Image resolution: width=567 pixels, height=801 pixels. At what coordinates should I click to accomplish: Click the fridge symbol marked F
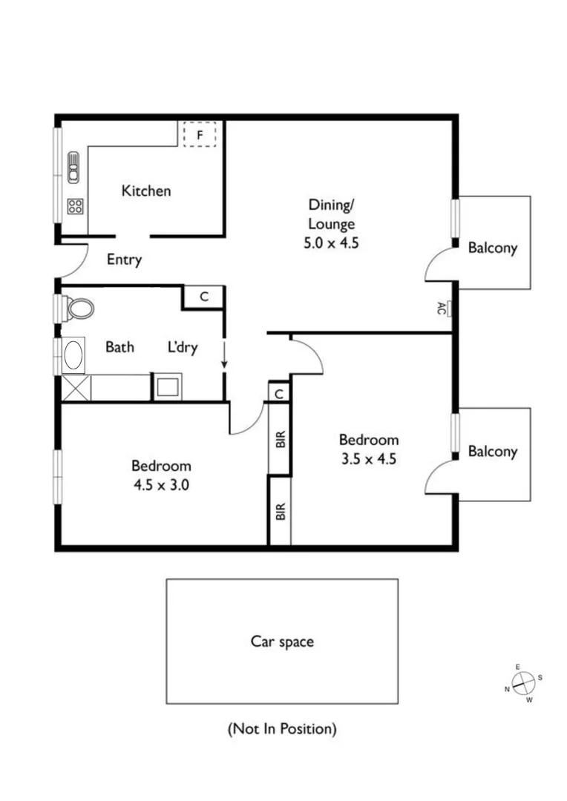click(x=199, y=135)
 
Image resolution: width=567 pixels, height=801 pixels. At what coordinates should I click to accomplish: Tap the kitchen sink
click(x=73, y=167)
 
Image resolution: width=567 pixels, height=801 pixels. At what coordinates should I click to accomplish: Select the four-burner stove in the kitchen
click(x=75, y=206)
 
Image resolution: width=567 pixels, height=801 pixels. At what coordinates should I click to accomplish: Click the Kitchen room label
click(x=146, y=191)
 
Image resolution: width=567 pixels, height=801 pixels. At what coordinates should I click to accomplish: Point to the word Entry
click(x=124, y=260)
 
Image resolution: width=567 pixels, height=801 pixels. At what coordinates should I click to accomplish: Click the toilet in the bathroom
click(x=77, y=308)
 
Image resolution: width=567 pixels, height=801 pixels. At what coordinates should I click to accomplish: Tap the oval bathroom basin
click(x=74, y=355)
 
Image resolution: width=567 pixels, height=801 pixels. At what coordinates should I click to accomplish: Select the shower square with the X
click(x=76, y=388)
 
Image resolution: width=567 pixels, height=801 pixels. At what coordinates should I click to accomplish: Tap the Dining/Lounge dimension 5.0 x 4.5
click(x=332, y=242)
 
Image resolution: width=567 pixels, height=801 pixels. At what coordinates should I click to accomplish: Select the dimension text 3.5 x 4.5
click(x=369, y=458)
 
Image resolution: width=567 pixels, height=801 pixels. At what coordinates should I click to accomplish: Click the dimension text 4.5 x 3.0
click(x=161, y=485)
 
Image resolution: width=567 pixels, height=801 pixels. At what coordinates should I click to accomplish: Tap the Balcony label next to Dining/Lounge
click(x=492, y=248)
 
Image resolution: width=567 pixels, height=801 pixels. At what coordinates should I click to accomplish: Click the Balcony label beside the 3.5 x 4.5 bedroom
click(x=492, y=451)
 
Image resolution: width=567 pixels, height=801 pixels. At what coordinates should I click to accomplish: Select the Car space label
click(x=281, y=642)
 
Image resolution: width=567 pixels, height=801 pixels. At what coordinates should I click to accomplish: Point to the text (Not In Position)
click(x=281, y=729)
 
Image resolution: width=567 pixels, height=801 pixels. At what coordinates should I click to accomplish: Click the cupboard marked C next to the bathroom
click(x=204, y=297)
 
